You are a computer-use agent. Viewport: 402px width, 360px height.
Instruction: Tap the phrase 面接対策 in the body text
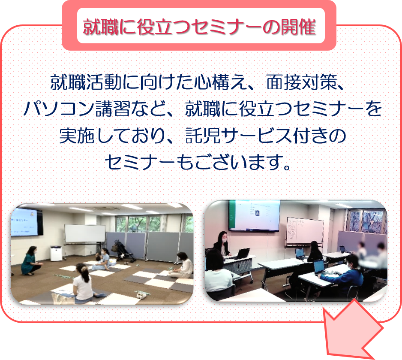(x=302, y=82)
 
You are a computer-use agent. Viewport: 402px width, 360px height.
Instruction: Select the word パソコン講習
(x=76, y=109)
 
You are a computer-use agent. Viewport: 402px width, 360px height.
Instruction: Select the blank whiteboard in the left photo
(x=84, y=233)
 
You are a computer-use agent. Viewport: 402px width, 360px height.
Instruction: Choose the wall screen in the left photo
(x=26, y=222)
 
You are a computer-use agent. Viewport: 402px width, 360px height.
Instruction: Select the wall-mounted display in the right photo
(x=254, y=215)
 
